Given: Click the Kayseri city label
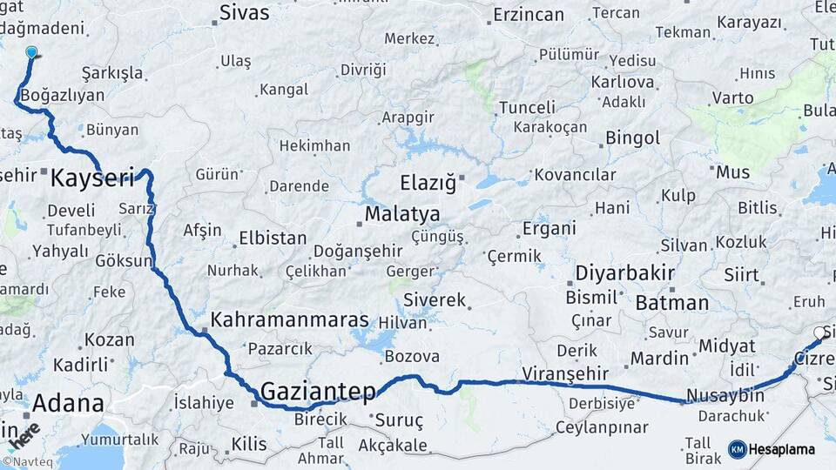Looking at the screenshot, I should [x=92, y=179].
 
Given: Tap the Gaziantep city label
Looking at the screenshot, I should [x=318, y=390].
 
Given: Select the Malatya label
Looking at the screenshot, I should [x=401, y=214].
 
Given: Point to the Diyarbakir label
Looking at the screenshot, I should [x=625, y=272].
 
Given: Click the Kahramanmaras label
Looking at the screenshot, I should [x=289, y=320].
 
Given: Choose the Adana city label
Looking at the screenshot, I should [x=68, y=404].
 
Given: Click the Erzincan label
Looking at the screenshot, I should [x=529, y=15].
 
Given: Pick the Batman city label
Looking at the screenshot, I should [x=671, y=303].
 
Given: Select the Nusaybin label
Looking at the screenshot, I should [x=725, y=396].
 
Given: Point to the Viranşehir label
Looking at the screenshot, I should [x=564, y=374].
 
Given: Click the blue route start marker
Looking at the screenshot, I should [x=32, y=53].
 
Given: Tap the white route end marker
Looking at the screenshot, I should [x=819, y=333].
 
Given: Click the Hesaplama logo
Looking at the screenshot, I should [x=772, y=449].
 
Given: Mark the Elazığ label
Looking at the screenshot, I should [x=428, y=184].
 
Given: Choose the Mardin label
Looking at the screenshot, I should [x=659, y=359].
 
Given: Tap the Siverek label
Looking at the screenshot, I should [x=435, y=300].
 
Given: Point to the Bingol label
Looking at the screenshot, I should [x=633, y=138].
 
